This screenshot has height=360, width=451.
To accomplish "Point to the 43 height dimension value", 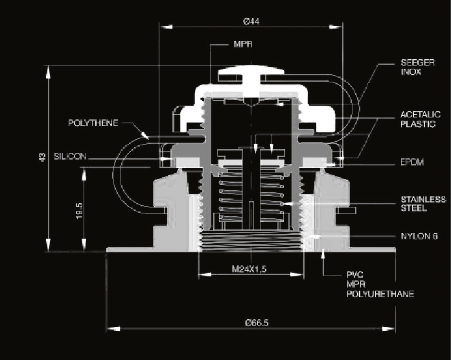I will point(41,158).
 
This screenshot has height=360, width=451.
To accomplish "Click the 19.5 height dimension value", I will point(78,211).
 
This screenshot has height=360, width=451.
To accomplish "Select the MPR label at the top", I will point(242,45).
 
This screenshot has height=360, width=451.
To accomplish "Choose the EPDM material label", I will point(413,162).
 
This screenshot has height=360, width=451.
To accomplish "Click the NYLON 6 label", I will point(415,236).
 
